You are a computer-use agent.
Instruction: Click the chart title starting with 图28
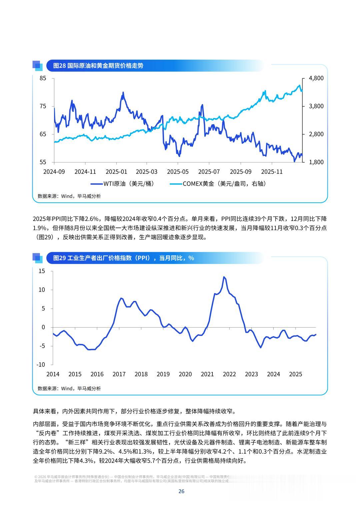98,66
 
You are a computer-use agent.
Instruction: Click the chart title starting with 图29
123,258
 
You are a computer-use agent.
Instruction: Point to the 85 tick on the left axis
43,78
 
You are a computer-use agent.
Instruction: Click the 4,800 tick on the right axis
316,78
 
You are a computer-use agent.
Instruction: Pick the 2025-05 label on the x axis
178,172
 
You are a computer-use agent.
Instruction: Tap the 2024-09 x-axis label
54,172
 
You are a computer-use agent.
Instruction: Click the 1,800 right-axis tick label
316,162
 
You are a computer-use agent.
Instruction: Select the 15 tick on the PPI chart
42,271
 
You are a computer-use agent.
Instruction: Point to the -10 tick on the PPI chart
41,365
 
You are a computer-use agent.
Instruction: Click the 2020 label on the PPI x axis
185,374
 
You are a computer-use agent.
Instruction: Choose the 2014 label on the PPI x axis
53,374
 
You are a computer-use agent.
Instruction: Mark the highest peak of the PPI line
224,277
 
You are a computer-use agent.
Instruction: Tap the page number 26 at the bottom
181,491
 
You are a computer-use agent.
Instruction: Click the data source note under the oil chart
69,196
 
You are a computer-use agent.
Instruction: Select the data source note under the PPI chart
69,388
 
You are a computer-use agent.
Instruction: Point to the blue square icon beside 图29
37,258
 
